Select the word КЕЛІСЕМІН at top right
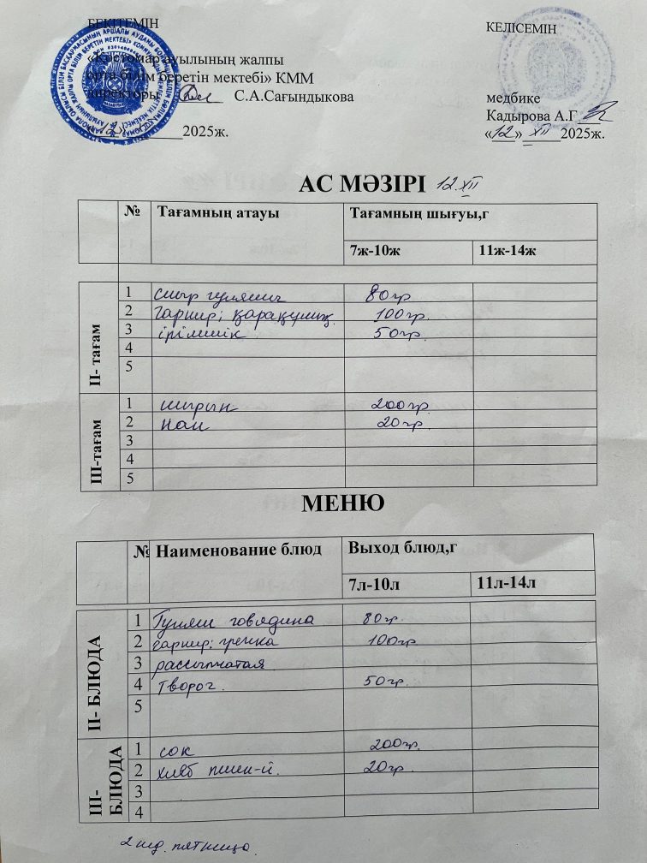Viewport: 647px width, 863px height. click(520, 28)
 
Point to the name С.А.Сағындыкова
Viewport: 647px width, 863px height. click(294, 98)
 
